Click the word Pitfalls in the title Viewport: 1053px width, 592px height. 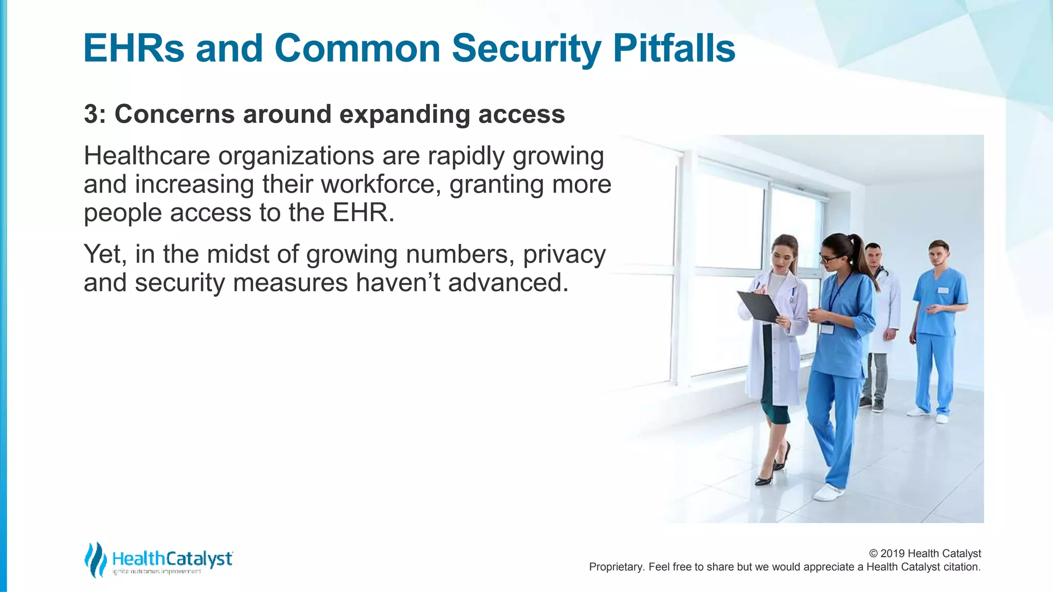coord(674,48)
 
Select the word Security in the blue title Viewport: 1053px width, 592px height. coord(526,48)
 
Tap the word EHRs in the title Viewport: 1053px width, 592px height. coord(134,48)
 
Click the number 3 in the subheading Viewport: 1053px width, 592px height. coord(91,114)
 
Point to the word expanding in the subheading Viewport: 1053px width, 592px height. coord(404,114)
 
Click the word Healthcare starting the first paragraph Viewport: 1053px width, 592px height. coord(147,156)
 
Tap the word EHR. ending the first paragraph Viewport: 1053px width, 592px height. coord(363,212)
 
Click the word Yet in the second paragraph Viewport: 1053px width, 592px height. coord(104,254)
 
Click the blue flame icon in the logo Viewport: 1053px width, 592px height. coord(95,559)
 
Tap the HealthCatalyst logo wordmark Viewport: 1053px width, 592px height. coord(172,559)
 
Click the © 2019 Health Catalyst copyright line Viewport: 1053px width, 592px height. coord(924,553)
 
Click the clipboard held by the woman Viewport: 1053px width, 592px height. coord(758,307)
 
